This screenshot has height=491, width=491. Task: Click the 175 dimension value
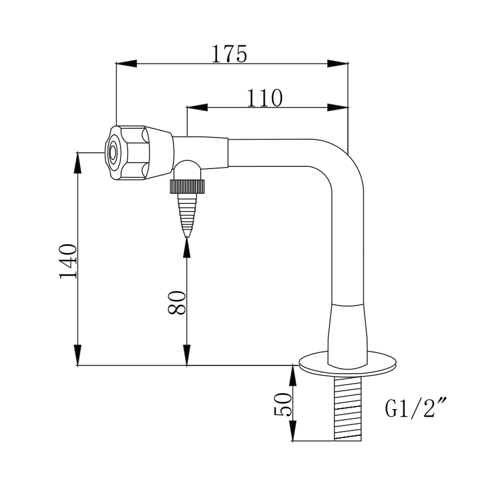229,53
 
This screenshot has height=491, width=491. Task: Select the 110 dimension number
265,98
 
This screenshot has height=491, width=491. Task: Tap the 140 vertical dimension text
69,261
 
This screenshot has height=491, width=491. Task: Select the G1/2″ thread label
412,408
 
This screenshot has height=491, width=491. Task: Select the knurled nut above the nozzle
187,187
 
